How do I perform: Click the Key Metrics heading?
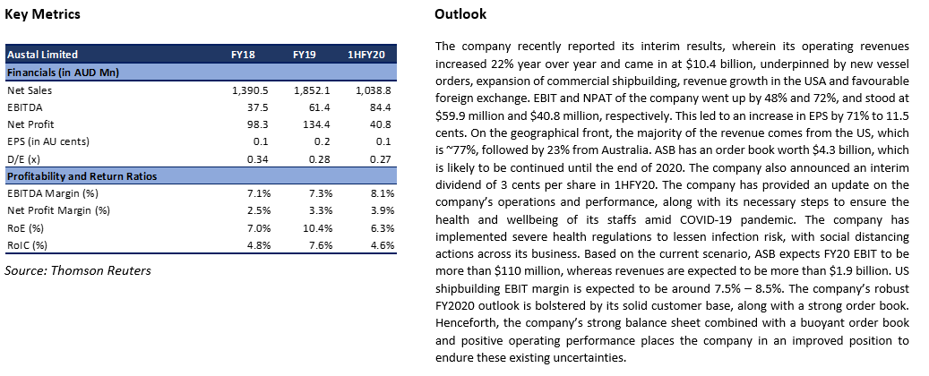(x=42, y=14)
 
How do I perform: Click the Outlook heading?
(x=460, y=14)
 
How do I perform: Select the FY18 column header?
(x=243, y=55)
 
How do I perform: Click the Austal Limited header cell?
(x=42, y=55)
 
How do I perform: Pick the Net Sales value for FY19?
(x=314, y=90)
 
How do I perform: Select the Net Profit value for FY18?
(x=258, y=125)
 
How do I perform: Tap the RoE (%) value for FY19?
(x=320, y=228)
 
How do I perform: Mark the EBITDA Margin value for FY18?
(x=259, y=193)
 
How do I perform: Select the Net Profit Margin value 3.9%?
(x=383, y=210)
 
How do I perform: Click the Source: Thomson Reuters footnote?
(x=78, y=270)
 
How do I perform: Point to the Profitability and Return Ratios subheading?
(x=82, y=176)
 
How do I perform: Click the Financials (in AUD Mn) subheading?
(x=63, y=73)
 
